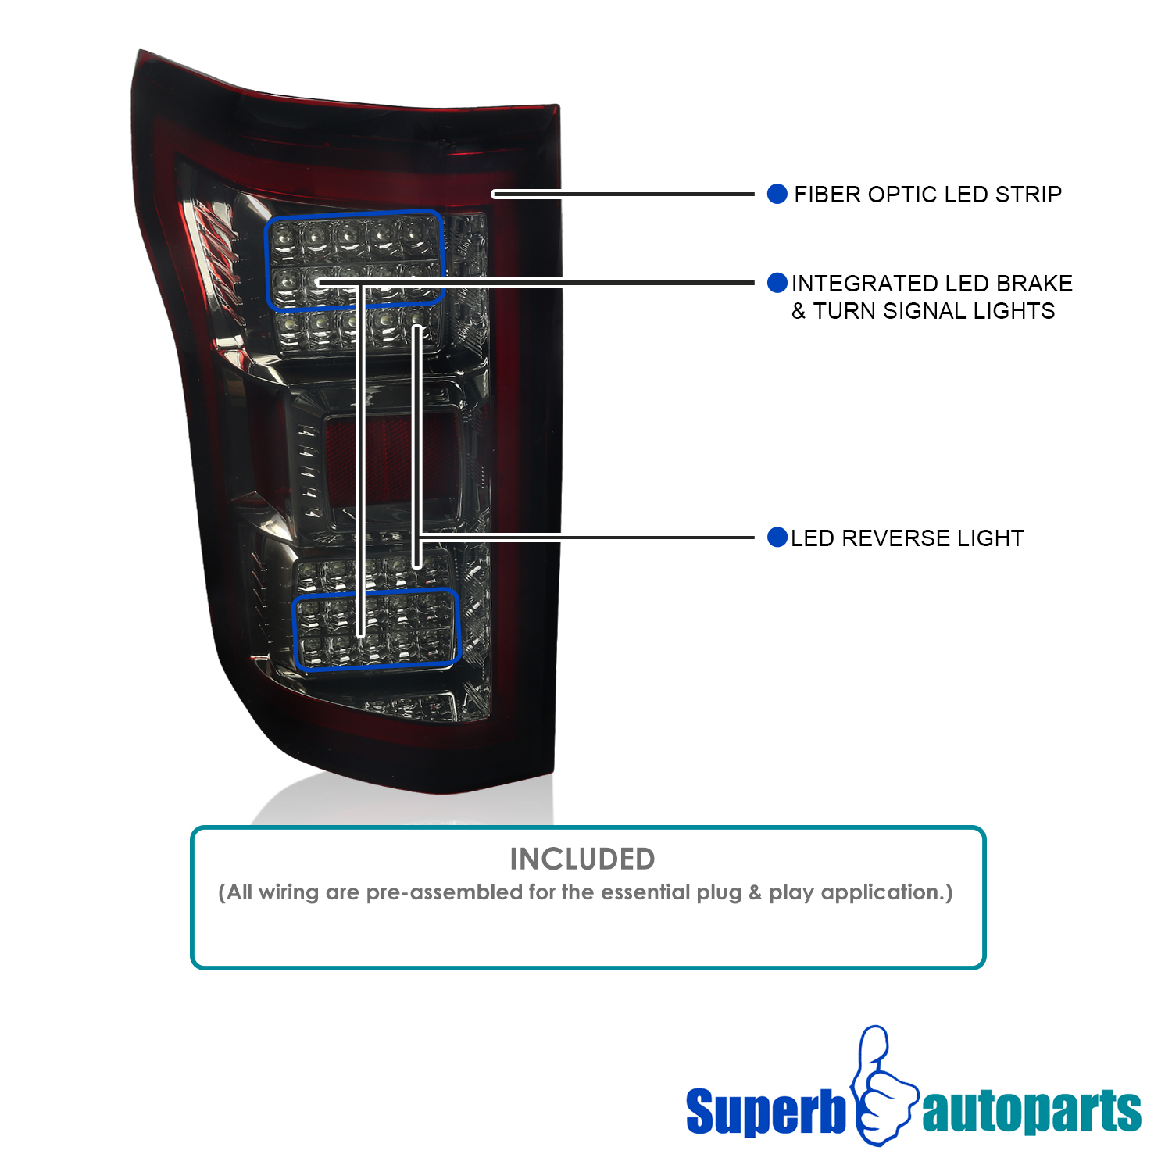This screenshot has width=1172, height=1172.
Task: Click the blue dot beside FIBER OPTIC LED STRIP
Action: click(777, 194)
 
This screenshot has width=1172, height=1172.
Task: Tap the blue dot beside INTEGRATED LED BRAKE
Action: click(777, 283)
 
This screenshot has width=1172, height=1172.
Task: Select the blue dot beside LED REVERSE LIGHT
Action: click(777, 538)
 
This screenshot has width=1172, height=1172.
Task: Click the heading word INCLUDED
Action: click(582, 859)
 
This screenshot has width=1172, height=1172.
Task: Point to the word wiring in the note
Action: click(288, 892)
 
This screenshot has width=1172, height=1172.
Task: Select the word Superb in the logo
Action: click(766, 1111)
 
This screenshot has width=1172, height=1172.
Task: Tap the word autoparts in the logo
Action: click(1031, 1111)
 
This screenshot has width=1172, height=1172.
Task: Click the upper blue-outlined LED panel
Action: click(355, 259)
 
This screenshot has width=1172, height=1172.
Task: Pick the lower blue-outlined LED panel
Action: click(377, 629)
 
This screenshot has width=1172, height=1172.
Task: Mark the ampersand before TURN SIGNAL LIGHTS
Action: click(799, 311)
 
